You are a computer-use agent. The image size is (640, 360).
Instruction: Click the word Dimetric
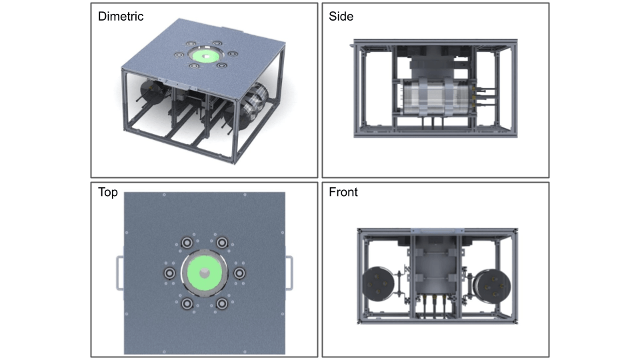pyautogui.click(x=121, y=17)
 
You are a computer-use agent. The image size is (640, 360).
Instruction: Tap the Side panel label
pyautogui.click(x=341, y=17)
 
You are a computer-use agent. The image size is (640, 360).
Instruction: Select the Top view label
pyautogui.click(x=108, y=193)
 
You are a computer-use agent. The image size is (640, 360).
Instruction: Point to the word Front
pyautogui.click(x=343, y=193)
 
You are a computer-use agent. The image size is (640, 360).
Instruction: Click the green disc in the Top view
pyautogui.click(x=204, y=274)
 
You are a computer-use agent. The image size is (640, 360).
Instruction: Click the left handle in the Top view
pyautogui.click(x=119, y=273)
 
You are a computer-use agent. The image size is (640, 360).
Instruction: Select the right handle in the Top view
pyautogui.click(x=289, y=273)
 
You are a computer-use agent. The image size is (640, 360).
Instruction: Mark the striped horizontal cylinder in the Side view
pyautogui.click(x=434, y=99)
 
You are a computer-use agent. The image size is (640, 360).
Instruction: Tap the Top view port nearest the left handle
pyautogui.click(x=169, y=274)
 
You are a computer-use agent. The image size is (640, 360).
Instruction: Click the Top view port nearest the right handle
pyautogui.click(x=239, y=274)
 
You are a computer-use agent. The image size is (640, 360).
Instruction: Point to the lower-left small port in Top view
pyautogui.click(x=187, y=305)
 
